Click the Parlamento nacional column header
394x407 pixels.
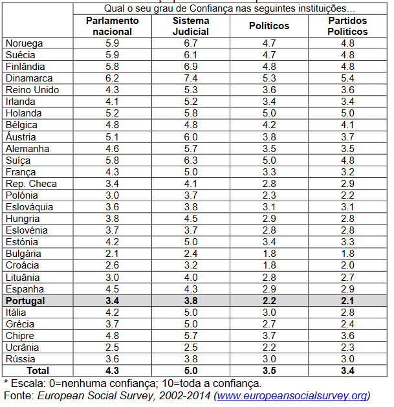tap(112, 26)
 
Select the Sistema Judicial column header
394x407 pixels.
tap(190, 26)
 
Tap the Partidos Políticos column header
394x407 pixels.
tap(347, 26)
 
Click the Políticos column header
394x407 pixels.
tap(268, 26)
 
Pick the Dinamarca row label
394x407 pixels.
tap(25, 78)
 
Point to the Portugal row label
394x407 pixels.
tap(25, 300)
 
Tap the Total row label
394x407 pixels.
tap(37, 370)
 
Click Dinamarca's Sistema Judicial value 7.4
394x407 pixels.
tap(190, 78)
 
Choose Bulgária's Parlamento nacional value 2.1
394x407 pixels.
tap(112, 254)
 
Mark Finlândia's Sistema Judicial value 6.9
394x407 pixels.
tap(190, 67)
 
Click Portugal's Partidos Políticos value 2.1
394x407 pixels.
tap(347, 300)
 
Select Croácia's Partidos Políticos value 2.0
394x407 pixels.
tap(347, 265)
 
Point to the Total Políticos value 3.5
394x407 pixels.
tap(268, 370)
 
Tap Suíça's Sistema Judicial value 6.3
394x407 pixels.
tap(190, 160)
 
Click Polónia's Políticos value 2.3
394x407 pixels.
tap(268, 195)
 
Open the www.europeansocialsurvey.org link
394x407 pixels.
tap(292, 395)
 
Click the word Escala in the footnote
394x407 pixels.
tap(27, 383)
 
